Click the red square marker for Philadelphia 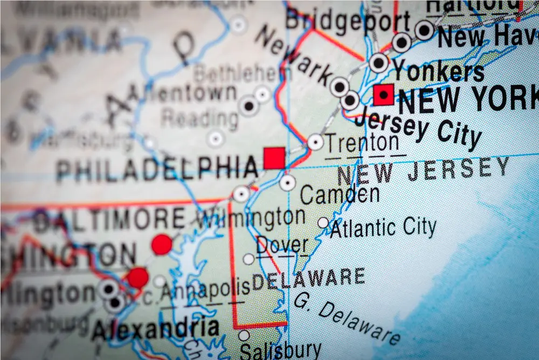[x=274, y=158]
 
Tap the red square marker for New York [x=383, y=95]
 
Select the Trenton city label [x=362, y=143]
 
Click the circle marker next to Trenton [x=315, y=142]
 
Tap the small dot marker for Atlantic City [x=323, y=223]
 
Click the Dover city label [x=282, y=245]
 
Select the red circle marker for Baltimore [x=162, y=244]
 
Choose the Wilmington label [x=251, y=218]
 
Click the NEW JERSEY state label [x=423, y=171]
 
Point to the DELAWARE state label [x=309, y=279]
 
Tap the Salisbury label [x=280, y=351]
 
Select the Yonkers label [x=438, y=70]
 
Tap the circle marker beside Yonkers [x=379, y=63]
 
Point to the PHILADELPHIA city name [x=157, y=168]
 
